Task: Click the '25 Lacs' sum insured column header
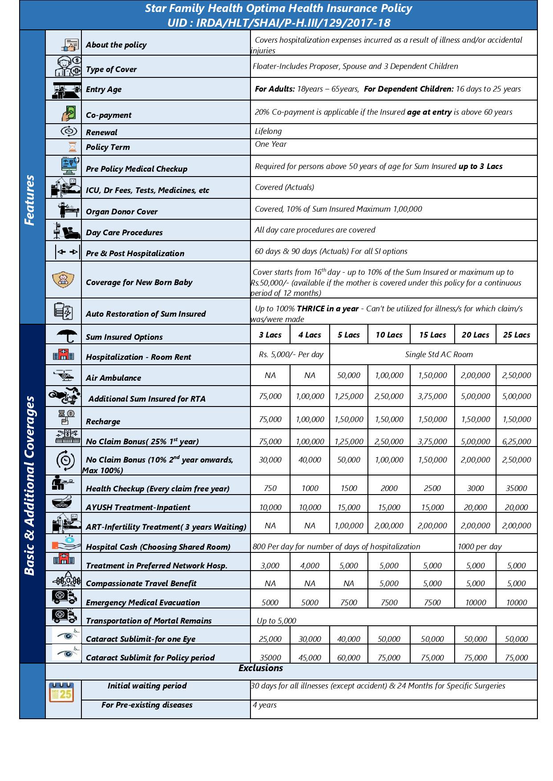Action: [x=516, y=335]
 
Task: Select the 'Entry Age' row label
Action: [x=104, y=89]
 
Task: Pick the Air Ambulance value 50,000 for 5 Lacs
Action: [x=348, y=375]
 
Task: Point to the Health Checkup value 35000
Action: [x=516, y=488]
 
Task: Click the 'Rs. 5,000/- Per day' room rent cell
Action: [x=291, y=354]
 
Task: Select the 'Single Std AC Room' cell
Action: [x=439, y=354]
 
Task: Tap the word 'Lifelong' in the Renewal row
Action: [x=268, y=131]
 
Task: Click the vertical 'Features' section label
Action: [x=30, y=200]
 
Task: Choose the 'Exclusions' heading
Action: [x=261, y=668]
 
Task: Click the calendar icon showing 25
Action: [x=61, y=692]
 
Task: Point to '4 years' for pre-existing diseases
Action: [x=265, y=705]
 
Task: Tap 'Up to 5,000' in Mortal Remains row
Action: [x=276, y=621]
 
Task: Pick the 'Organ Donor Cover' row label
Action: [x=121, y=212]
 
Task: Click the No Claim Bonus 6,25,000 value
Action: [x=516, y=442]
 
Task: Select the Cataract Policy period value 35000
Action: [x=270, y=658]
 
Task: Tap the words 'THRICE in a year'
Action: [x=327, y=309]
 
